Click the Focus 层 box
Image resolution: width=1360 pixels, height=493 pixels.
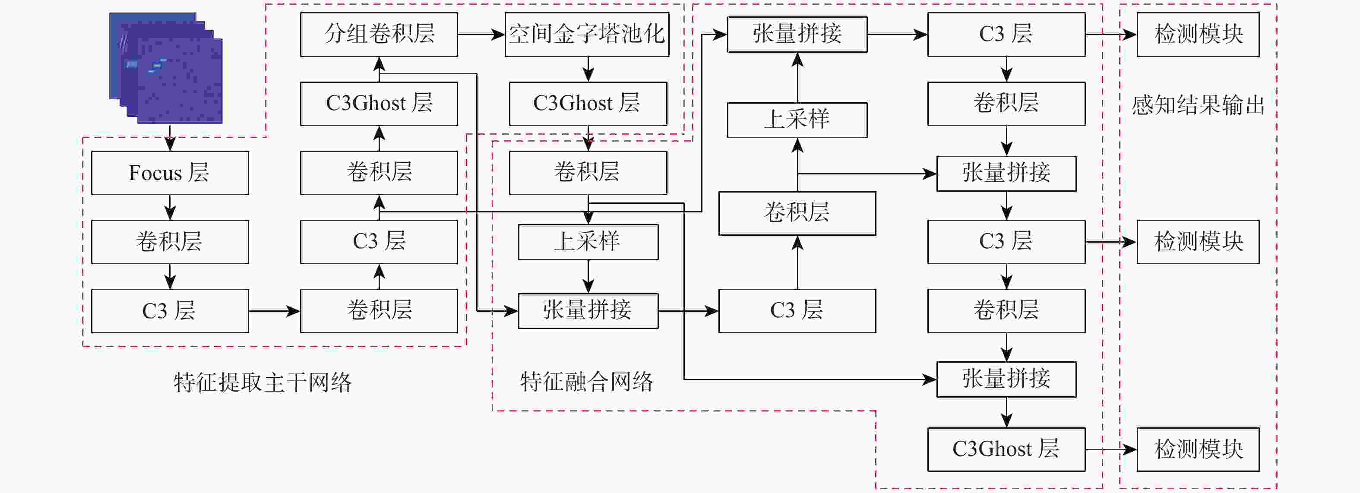[170, 173]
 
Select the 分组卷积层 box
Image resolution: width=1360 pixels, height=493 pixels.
[379, 34]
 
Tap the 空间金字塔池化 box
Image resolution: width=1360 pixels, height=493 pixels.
[587, 34]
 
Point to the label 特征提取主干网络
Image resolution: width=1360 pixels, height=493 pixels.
[263, 382]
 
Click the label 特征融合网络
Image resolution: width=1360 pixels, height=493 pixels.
[587, 381]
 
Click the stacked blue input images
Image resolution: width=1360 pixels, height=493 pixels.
[166, 68]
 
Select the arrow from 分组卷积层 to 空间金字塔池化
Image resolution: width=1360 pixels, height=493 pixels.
[481, 34]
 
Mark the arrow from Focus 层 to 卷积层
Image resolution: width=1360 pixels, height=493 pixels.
[170, 207]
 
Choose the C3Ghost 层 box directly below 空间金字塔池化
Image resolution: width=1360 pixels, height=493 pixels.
[588, 104]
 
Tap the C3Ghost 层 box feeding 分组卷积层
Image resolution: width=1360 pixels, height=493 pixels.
[379, 104]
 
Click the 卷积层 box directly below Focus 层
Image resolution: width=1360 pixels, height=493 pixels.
[170, 242]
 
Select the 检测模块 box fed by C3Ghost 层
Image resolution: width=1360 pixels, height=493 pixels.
[1197, 449]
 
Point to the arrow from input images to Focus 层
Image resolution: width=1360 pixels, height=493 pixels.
[170, 137]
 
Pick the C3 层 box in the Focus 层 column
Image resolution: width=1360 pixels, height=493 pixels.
[170, 310]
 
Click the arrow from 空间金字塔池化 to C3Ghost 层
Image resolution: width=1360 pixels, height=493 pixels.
[588, 69]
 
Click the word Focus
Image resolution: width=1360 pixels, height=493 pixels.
[155, 173]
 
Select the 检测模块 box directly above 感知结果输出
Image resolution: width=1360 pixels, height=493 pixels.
[1197, 34]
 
